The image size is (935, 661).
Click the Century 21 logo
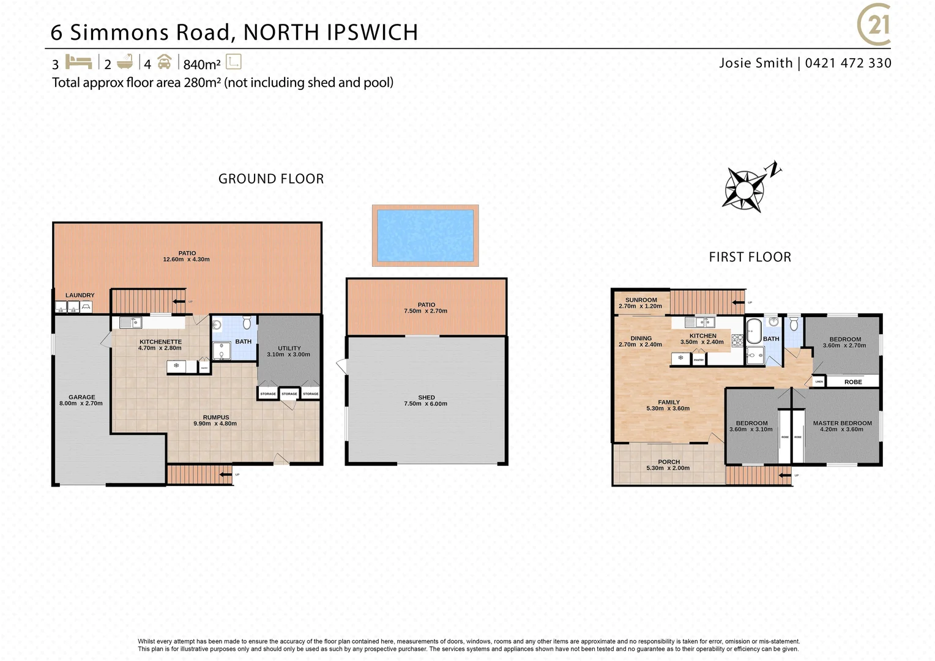[874, 25]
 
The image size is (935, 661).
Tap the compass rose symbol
[744, 189]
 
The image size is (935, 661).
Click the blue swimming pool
[425, 236]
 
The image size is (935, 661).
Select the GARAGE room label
[81, 397]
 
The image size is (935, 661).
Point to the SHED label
[427, 398]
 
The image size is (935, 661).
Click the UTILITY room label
[289, 348]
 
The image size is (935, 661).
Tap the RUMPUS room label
[215, 417]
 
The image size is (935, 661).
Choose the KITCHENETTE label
[160, 342]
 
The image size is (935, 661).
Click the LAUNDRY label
[80, 295]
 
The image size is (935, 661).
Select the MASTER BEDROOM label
[842, 423]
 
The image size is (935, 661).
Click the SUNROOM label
[641, 300]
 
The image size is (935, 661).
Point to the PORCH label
[669, 462]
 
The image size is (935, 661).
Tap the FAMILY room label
[669, 402]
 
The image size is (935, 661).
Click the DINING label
[641, 338]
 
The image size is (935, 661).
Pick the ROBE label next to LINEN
[853, 382]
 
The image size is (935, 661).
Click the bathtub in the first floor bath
[753, 331]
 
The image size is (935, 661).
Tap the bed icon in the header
[78, 62]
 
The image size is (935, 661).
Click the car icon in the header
[164, 62]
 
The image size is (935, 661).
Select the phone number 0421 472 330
[848, 63]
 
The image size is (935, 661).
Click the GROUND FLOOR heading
[271, 179]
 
